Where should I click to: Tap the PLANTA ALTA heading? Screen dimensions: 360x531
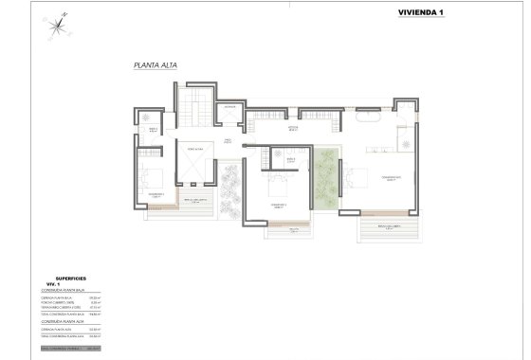pos(156,66)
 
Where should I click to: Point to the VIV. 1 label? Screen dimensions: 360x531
pos(53,283)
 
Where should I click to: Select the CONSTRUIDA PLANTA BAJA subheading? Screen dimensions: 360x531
pos(65,289)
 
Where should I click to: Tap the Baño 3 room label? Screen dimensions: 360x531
pos(153,131)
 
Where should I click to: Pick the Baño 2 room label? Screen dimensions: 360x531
pos(292,159)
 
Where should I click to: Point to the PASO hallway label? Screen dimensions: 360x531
pos(228,141)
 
